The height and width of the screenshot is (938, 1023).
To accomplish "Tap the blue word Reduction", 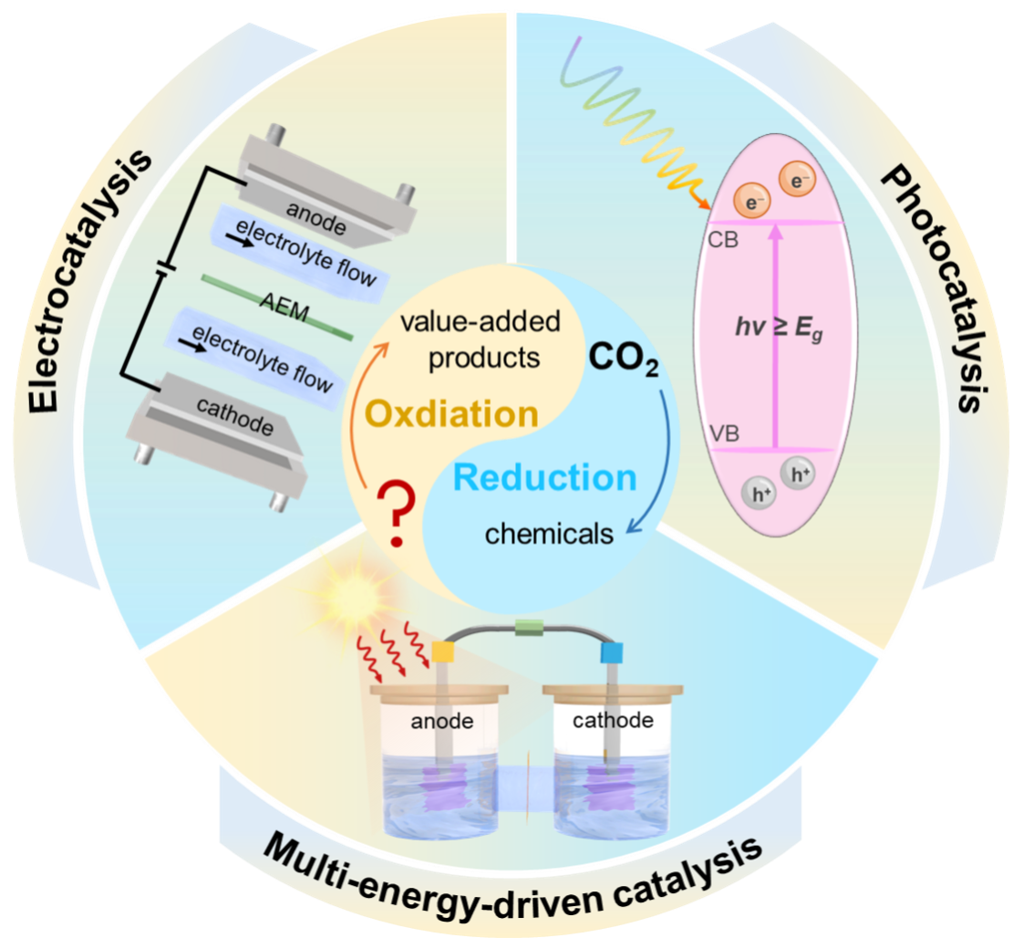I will point(545,478).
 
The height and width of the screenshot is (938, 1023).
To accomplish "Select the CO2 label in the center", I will point(623,359).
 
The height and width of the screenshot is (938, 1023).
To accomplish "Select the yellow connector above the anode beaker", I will point(443,651).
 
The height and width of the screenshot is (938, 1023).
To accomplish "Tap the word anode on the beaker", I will point(442,722).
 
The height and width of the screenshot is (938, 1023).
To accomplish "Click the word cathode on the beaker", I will point(613,721).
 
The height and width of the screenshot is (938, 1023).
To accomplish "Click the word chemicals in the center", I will point(549,534).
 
